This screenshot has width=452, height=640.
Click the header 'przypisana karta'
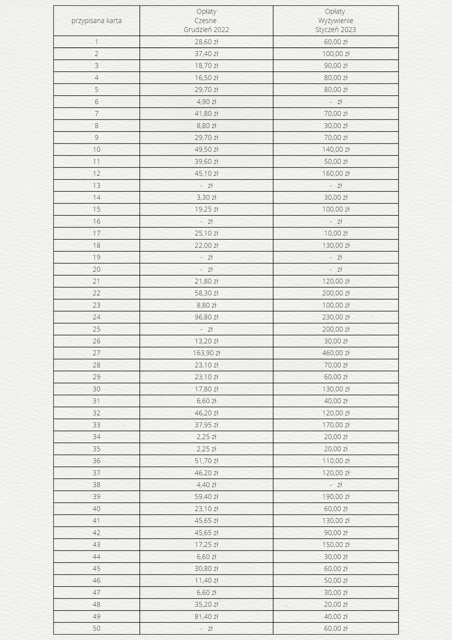(96, 21)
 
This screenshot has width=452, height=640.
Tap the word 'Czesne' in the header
(206, 21)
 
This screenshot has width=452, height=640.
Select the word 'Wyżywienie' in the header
(336, 21)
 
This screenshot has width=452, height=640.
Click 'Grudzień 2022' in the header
(206, 30)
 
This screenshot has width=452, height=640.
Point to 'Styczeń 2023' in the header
(336, 30)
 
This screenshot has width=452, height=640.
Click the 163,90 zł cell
(206, 353)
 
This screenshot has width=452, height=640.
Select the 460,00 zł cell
(336, 353)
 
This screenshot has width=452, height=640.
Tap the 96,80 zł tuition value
(206, 317)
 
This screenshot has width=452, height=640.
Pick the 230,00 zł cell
(336, 317)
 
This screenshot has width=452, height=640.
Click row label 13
(97, 186)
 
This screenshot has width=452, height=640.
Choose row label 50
(97, 628)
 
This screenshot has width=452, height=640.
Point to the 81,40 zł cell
(206, 616)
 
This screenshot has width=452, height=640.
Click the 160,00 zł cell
(336, 173)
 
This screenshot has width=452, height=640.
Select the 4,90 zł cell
(206, 102)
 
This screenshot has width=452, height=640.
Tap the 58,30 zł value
(206, 293)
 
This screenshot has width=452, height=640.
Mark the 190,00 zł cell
(336, 497)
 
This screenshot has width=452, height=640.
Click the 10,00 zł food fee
(336, 233)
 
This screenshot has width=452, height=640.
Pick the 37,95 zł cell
(206, 425)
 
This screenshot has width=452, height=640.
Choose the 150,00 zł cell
(336, 545)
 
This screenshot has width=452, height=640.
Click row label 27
(97, 353)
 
